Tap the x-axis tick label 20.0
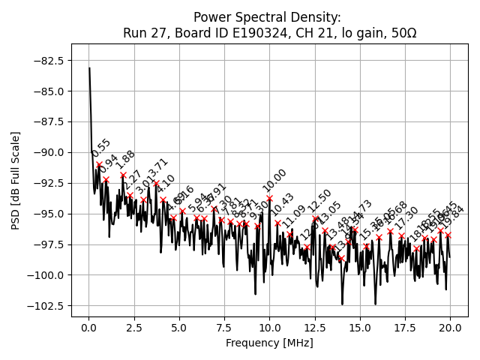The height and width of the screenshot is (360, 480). [450, 328]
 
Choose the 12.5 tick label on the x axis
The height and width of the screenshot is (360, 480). [315, 328]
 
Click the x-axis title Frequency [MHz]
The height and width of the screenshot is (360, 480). [269, 343]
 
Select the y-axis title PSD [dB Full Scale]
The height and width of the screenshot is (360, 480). [16, 180]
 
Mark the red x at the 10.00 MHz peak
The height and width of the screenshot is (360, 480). [270, 199]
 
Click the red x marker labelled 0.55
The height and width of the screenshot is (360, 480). [99, 164]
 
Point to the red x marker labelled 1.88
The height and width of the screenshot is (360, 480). [123, 175]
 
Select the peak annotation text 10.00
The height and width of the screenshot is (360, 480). [274, 180]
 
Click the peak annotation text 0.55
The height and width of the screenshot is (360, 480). [101, 148]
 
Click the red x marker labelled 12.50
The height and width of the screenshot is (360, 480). [315, 218]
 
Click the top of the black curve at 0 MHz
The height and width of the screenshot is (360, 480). [89, 68]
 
